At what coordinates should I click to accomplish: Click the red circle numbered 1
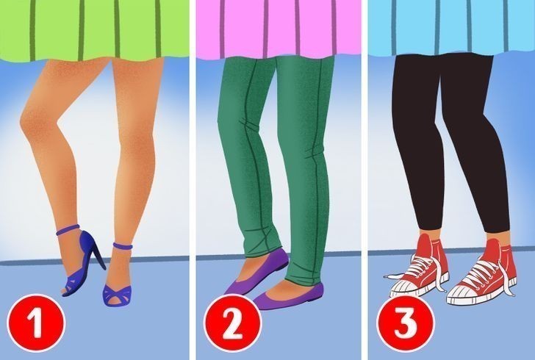coord(36,323)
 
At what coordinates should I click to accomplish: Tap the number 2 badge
coord(233,323)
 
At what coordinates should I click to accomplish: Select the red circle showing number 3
coord(406,323)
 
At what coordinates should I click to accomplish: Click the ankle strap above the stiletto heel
coord(68,230)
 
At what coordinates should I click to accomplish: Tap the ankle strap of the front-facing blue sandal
coord(123,245)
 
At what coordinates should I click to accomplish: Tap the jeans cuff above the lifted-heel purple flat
coord(265,252)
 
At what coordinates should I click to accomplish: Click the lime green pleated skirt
coord(94,30)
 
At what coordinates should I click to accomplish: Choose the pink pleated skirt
coord(279,29)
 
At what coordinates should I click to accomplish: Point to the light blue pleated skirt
coord(451,27)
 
